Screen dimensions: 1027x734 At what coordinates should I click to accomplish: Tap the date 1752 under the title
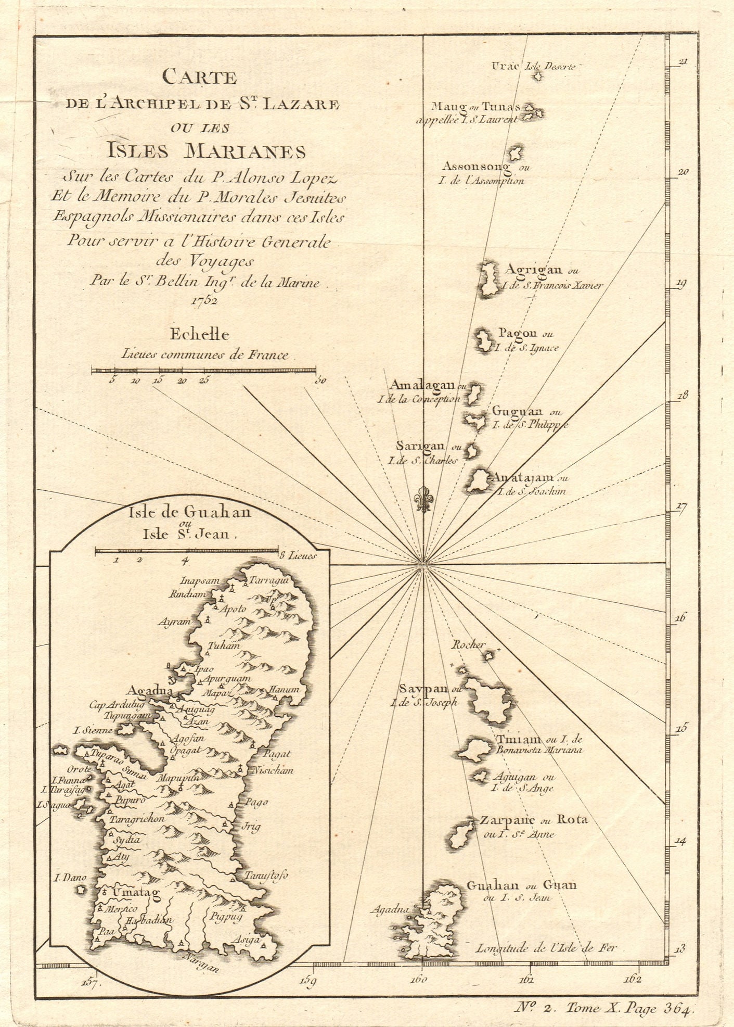click(x=204, y=300)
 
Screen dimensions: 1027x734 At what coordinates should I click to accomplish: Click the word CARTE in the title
click(x=200, y=78)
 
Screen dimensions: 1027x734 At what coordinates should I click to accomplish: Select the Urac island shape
click(x=537, y=76)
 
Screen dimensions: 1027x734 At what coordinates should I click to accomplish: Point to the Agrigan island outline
click(x=488, y=280)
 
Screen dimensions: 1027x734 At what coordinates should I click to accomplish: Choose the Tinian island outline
click(x=472, y=749)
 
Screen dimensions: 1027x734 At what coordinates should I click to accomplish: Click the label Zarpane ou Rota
click(x=533, y=820)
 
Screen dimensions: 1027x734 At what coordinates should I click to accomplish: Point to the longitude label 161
click(x=526, y=979)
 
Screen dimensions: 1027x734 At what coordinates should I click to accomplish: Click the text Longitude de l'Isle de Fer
click(x=546, y=947)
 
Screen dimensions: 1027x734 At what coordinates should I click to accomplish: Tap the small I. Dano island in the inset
click(x=81, y=890)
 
